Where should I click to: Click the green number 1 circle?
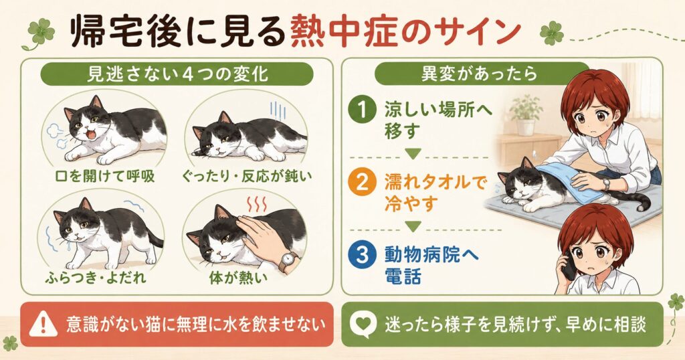[362, 110]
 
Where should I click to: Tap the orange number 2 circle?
[362, 182]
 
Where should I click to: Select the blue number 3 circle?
[362, 255]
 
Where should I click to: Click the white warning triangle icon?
[43, 325]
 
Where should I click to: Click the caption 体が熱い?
[238, 278]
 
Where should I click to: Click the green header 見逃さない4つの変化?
[177, 74]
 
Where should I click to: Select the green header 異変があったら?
[479, 74]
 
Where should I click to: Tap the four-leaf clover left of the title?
[40, 32]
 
